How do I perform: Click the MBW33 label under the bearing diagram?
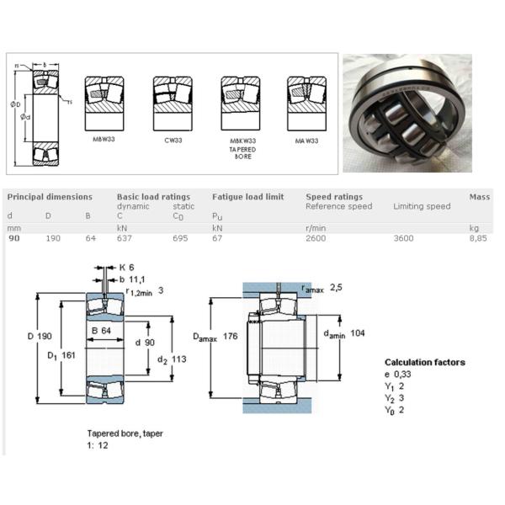click(x=104, y=139)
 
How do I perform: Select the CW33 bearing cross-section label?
click(x=172, y=140)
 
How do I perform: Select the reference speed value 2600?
click(x=316, y=239)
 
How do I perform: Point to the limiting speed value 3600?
click(x=404, y=239)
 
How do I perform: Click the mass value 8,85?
click(x=479, y=239)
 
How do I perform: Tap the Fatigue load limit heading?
click(x=247, y=197)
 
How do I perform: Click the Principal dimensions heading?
click(x=50, y=197)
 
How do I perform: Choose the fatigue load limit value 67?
click(x=217, y=239)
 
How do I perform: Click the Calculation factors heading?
click(x=424, y=363)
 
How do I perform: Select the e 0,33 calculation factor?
click(x=399, y=374)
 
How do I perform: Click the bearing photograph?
click(x=406, y=113)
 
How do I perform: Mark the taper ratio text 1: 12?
click(x=98, y=444)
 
